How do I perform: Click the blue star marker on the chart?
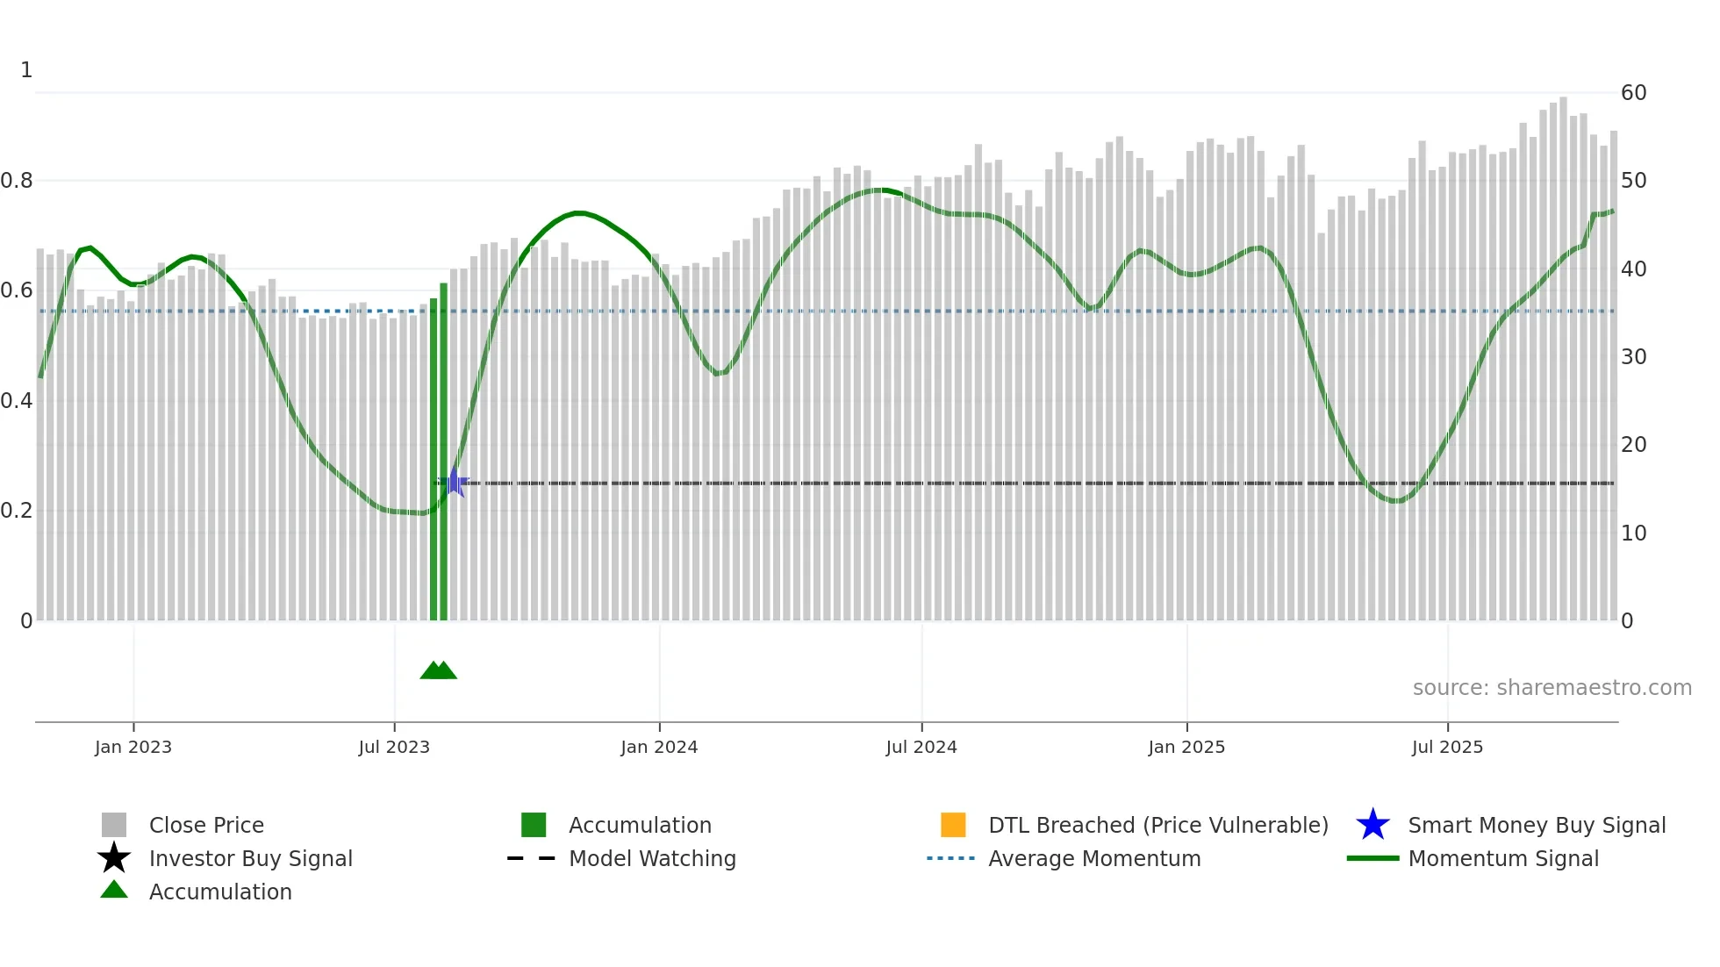point(455,482)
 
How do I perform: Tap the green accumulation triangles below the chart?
point(439,670)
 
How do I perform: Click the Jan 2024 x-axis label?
point(659,747)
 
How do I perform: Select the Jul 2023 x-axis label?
point(394,747)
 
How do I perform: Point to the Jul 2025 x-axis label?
point(1447,747)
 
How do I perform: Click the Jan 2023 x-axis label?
point(133,747)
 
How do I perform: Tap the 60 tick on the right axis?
point(1633,93)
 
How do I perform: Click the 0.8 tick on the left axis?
point(18,181)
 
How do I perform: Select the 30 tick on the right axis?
point(1633,357)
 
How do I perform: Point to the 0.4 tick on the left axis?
point(18,401)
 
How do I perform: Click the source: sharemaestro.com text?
point(1552,688)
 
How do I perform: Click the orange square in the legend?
point(953,825)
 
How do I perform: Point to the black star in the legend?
point(114,858)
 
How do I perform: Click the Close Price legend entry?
point(206,825)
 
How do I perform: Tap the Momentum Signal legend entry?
point(1503,858)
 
